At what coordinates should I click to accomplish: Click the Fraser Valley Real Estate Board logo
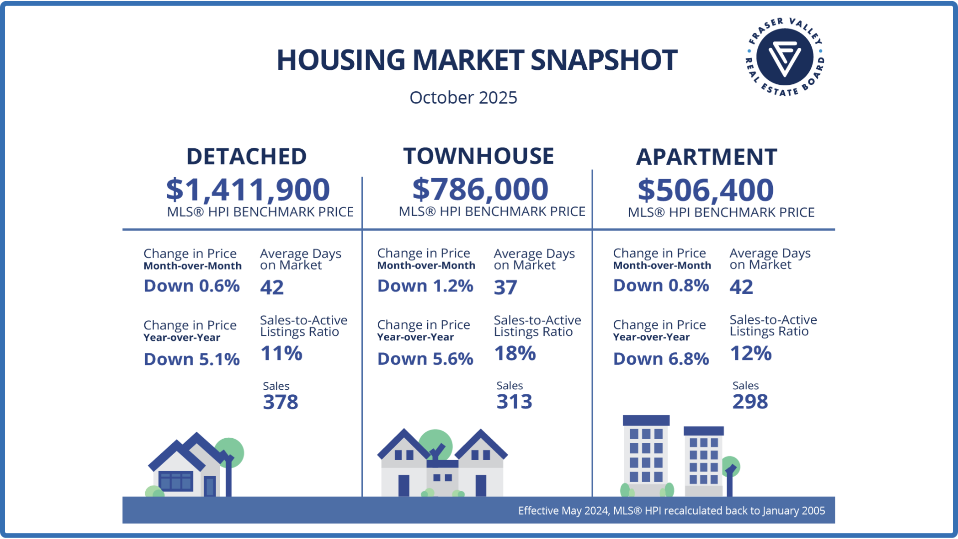[784, 57]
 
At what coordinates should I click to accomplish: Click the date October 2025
[463, 97]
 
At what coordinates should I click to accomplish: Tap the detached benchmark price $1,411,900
[248, 190]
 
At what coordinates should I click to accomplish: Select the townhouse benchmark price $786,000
[480, 189]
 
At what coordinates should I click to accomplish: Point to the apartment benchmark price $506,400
[706, 190]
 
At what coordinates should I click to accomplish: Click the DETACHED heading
[246, 157]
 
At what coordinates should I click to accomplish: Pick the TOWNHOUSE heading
[479, 156]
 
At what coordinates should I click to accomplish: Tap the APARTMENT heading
[707, 157]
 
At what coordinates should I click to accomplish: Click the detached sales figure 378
[280, 402]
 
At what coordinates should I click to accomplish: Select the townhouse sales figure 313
[514, 401]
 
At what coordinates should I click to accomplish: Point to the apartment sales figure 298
[750, 401]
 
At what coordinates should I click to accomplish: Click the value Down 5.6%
[425, 359]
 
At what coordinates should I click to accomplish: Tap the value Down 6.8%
[661, 359]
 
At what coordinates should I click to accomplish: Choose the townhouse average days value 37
[505, 287]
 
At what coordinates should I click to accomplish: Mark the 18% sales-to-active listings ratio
[515, 353]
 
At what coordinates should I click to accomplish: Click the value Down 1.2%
[425, 286]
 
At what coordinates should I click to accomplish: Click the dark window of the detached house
[176, 481]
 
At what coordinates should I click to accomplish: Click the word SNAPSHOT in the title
[604, 60]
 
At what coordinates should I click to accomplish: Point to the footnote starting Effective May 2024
[671, 511]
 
